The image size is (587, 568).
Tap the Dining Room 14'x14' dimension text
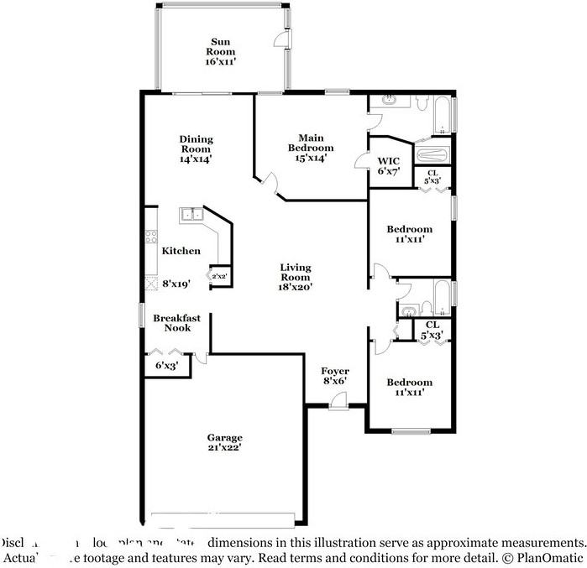click(x=196, y=158)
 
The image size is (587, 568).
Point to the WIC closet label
click(x=388, y=161)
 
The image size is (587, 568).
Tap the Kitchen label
click(x=181, y=250)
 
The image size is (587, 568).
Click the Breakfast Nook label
click(x=176, y=323)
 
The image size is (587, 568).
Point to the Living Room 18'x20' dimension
click(x=296, y=287)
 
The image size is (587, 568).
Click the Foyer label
click(x=336, y=371)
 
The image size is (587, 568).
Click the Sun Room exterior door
click(x=282, y=39)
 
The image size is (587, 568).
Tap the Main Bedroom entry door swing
click(x=270, y=180)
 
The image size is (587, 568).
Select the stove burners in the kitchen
click(x=151, y=237)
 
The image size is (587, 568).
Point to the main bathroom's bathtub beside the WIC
click(x=433, y=155)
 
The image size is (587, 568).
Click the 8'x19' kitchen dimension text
click(x=176, y=284)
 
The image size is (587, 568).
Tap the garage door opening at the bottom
click(x=225, y=514)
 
